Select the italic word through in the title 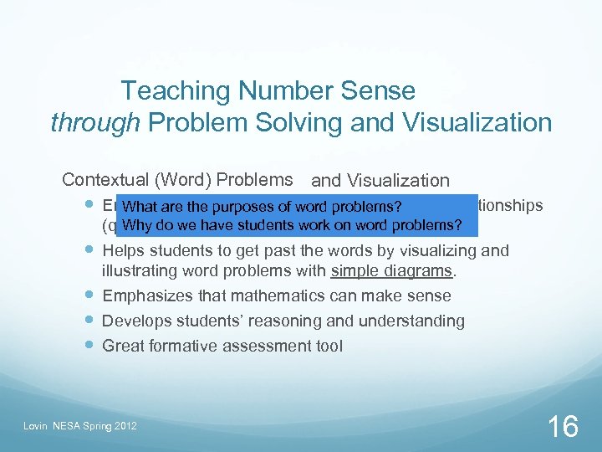94,123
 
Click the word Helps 124,251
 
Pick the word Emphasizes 145,295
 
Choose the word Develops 134,321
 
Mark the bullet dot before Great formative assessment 89,345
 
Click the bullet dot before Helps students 89,250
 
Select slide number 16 562,427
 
